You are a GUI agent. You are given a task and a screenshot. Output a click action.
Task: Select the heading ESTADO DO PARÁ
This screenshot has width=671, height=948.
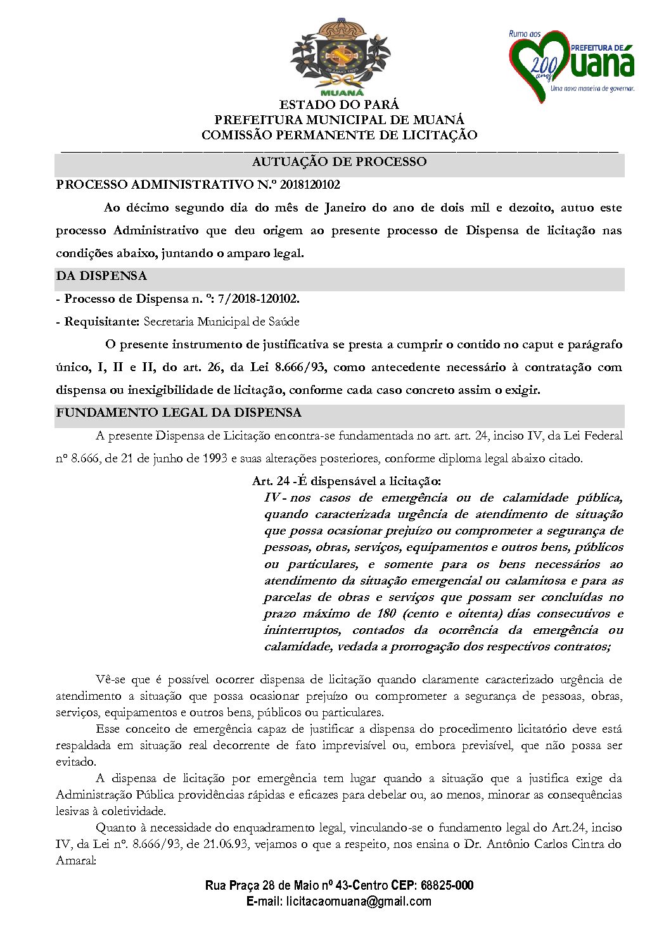339,104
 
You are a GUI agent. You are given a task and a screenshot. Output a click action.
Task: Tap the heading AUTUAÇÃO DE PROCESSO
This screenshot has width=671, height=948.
339,162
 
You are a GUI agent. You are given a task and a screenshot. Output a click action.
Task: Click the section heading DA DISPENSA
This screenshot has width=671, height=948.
101,276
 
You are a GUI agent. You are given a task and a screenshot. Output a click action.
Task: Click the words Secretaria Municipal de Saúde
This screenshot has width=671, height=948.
221,322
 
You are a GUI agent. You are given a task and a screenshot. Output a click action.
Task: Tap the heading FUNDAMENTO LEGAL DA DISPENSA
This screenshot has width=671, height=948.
179,413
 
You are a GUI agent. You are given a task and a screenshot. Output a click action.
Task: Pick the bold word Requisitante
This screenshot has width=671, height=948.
101,322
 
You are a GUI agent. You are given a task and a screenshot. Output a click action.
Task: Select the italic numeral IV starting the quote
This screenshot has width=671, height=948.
272,498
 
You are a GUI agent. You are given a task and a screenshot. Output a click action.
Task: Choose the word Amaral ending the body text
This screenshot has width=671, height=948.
75,861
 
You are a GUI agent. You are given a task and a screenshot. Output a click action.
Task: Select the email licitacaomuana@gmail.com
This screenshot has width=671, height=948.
359,901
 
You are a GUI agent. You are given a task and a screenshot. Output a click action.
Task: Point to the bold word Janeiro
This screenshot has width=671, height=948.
345,208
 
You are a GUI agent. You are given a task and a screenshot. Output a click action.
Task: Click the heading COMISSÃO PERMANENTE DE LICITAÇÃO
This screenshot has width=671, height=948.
339,135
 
